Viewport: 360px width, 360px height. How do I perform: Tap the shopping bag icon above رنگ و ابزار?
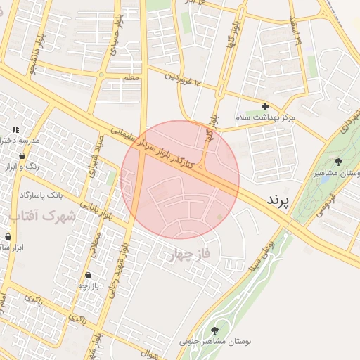(23, 155)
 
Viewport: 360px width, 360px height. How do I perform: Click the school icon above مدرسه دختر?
(15, 129)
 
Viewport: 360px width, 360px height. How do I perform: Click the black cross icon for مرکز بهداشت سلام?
(265, 105)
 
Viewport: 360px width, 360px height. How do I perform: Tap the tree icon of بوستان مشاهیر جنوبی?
(214, 330)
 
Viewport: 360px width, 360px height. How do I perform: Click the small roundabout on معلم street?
(103, 74)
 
